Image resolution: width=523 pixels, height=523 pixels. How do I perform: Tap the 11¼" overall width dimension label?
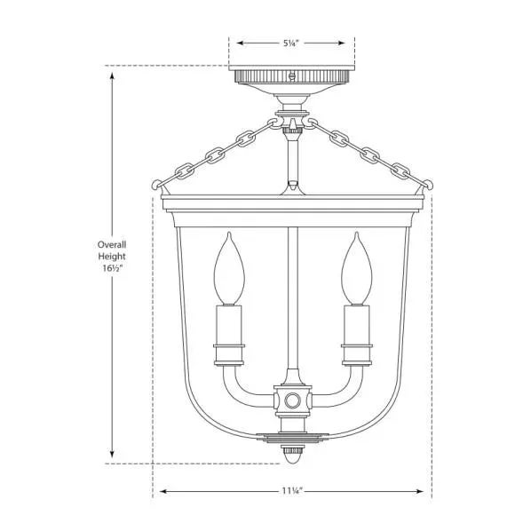[x=292, y=493]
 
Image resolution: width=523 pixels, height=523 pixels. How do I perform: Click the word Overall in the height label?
[x=112, y=244]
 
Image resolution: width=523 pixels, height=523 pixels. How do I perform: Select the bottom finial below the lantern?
[x=292, y=454]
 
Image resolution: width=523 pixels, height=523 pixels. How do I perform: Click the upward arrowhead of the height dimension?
[x=112, y=77]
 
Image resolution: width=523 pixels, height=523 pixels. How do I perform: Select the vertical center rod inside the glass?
[x=292, y=293]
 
